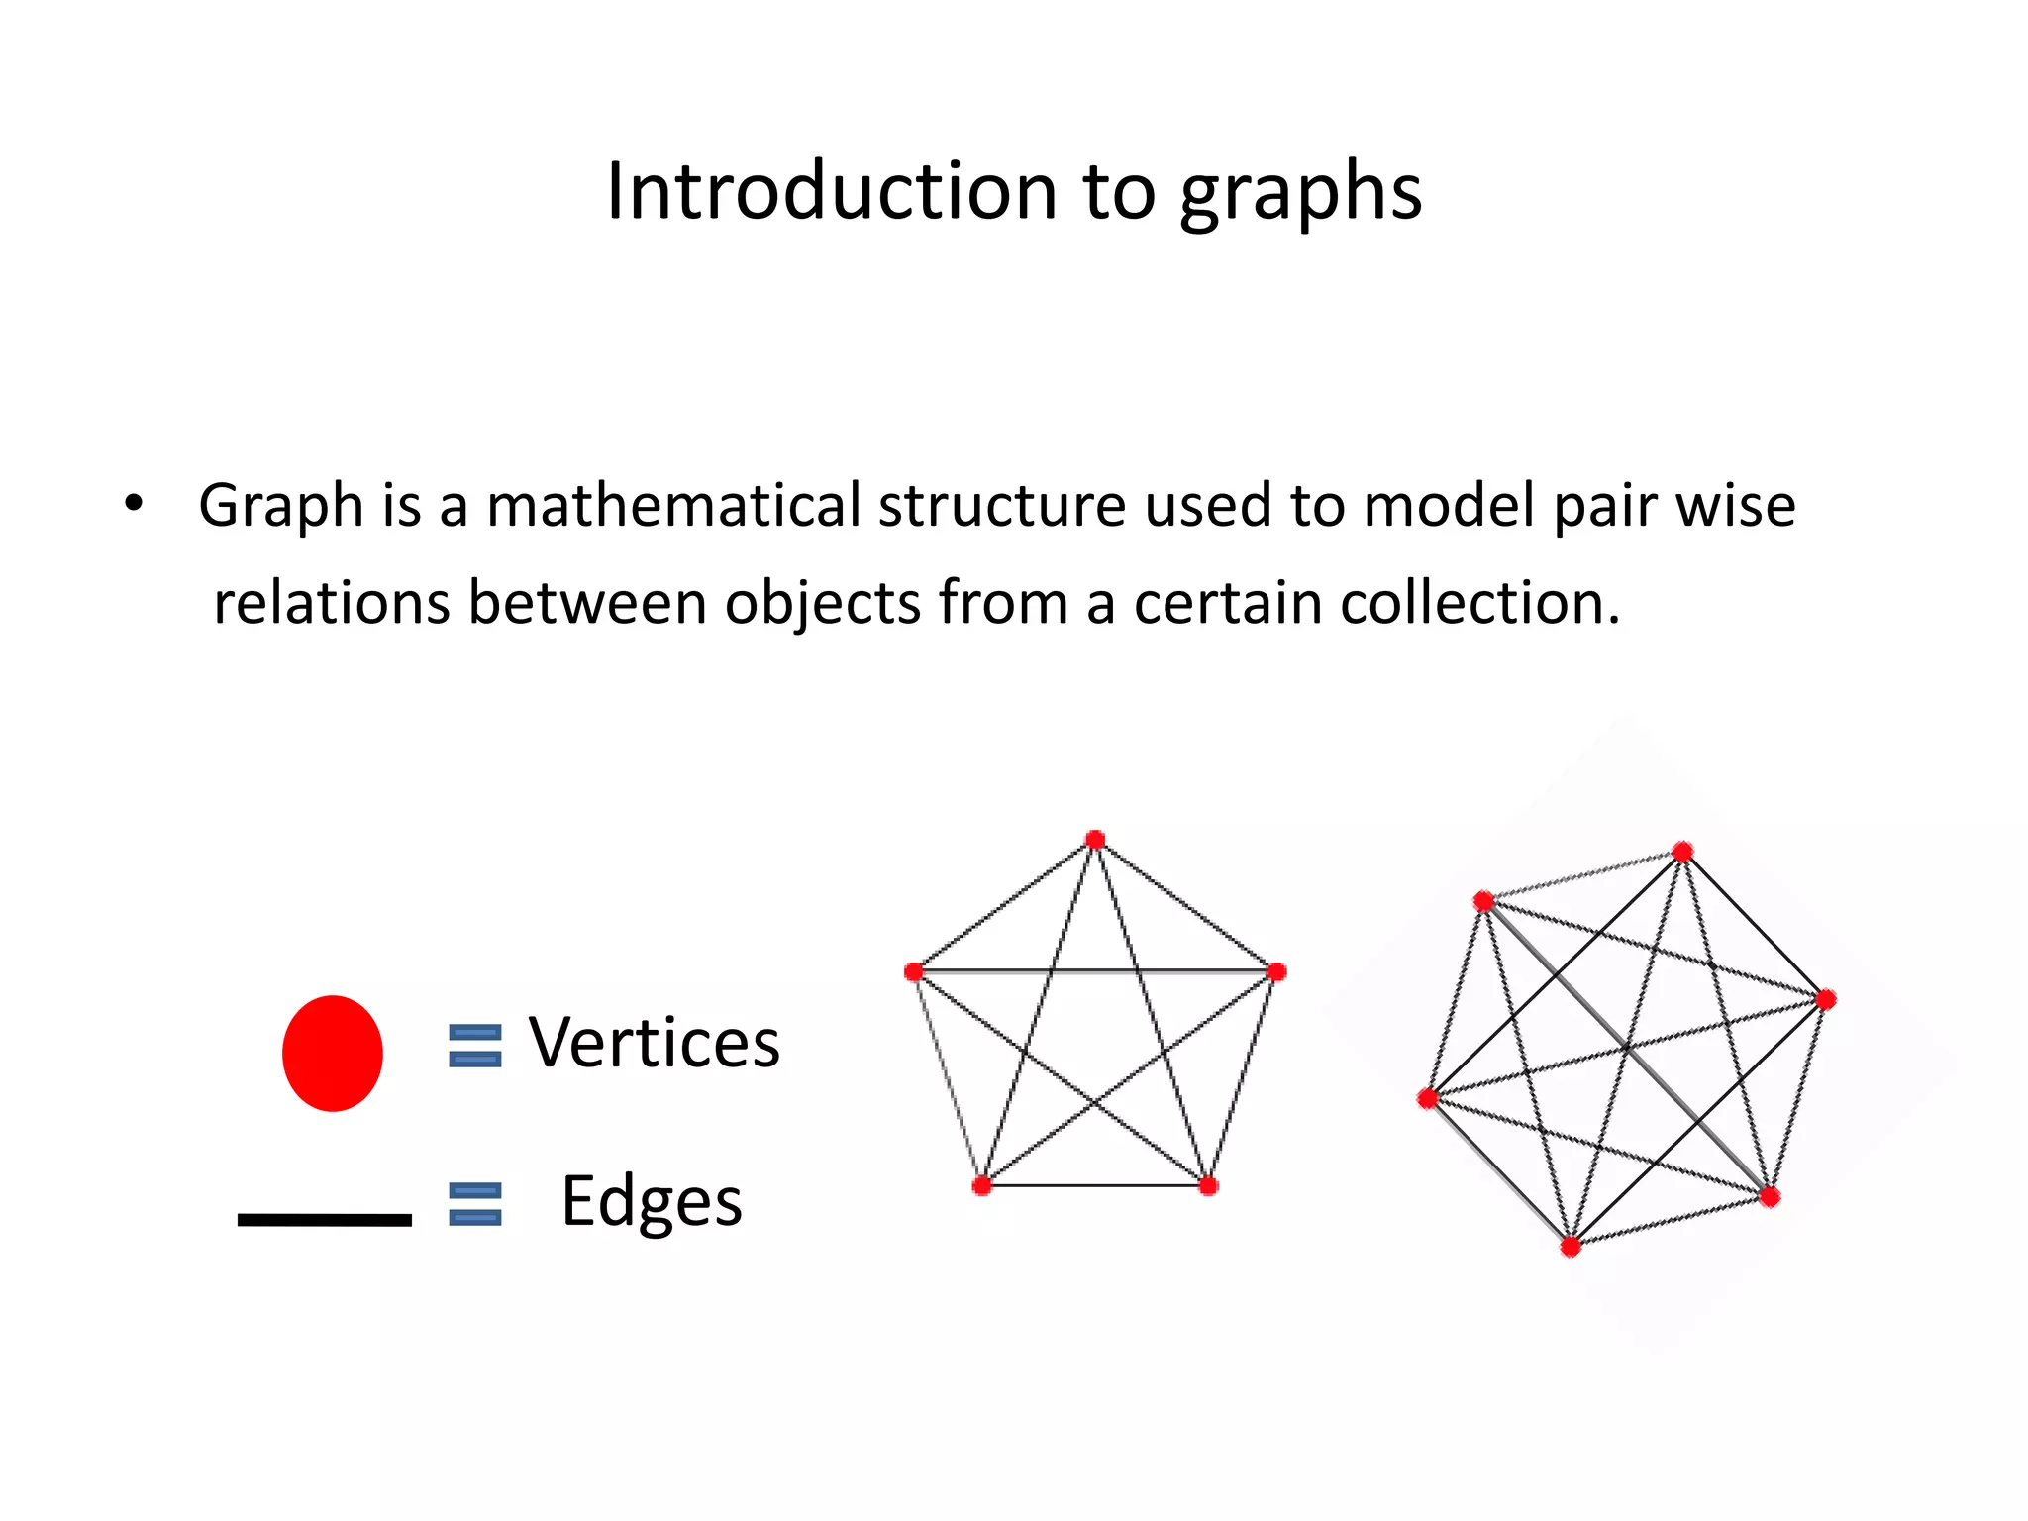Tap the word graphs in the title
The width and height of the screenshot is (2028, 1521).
click(1300, 194)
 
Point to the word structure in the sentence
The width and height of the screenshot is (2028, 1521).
click(1002, 506)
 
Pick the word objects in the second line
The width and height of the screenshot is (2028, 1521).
click(823, 604)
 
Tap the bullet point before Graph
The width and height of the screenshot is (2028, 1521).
click(134, 504)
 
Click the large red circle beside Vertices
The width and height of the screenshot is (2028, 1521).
click(333, 1053)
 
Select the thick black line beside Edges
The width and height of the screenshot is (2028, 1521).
click(324, 1219)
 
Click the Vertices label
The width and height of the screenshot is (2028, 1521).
click(654, 1043)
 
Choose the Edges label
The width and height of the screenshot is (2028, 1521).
click(652, 1201)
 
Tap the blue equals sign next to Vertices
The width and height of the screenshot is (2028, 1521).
click(475, 1046)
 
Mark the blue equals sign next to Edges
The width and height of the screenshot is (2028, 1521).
click(475, 1204)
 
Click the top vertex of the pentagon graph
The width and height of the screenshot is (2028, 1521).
click(1094, 840)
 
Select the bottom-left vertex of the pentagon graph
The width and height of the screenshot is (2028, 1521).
click(981, 1185)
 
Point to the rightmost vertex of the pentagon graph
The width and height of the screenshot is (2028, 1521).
click(1276, 971)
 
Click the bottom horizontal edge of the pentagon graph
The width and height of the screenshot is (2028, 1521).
click(1094, 1185)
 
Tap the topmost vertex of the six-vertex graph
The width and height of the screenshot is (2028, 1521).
click(1682, 852)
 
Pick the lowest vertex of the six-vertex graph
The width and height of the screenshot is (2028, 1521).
click(1571, 1247)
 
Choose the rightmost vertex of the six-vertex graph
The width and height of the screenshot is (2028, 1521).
click(1826, 999)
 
